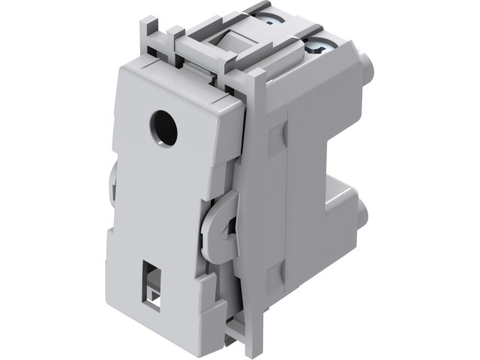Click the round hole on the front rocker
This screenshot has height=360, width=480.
click(160, 119)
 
